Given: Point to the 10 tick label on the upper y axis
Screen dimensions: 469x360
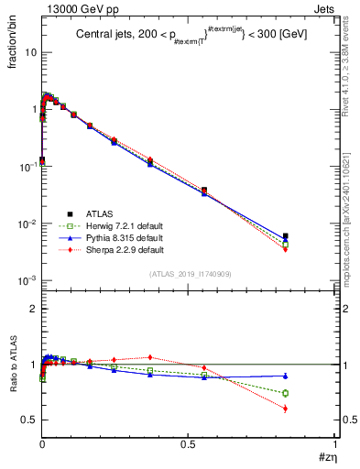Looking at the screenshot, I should pyautogui.click(x=29, y=52).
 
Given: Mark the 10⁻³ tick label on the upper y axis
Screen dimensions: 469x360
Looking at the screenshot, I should pyautogui.click(x=27, y=280).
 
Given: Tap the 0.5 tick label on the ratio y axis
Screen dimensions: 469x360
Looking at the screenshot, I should pyautogui.click(x=28, y=420).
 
